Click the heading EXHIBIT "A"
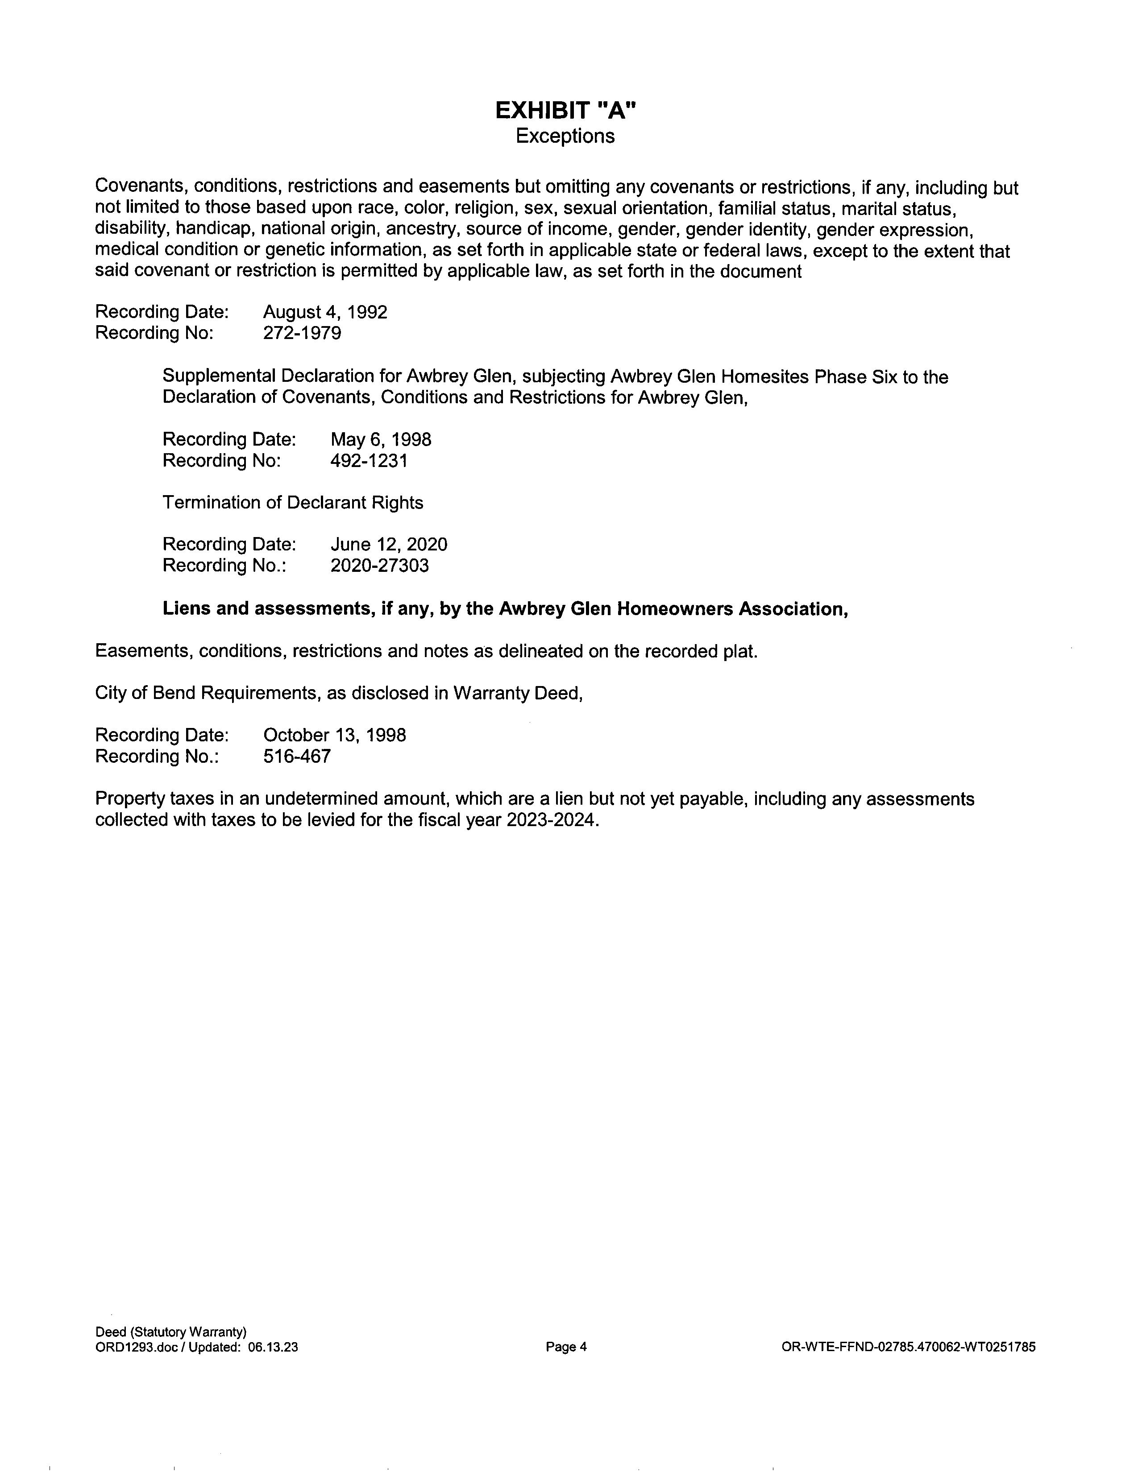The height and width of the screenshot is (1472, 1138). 565,111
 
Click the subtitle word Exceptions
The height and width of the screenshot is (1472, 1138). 565,136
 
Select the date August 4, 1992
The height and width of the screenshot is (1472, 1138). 325,312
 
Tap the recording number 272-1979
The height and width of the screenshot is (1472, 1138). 302,333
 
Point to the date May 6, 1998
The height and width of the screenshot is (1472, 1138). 381,439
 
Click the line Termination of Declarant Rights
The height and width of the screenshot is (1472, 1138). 293,503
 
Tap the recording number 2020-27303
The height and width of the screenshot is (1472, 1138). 380,566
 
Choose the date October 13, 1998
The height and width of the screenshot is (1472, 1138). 334,735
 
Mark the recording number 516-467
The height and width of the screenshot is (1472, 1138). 297,756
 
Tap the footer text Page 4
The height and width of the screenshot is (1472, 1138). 566,1347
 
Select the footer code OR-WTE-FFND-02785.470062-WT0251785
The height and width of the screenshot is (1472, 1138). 908,1347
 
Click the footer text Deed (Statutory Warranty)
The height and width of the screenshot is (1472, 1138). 171,1332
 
